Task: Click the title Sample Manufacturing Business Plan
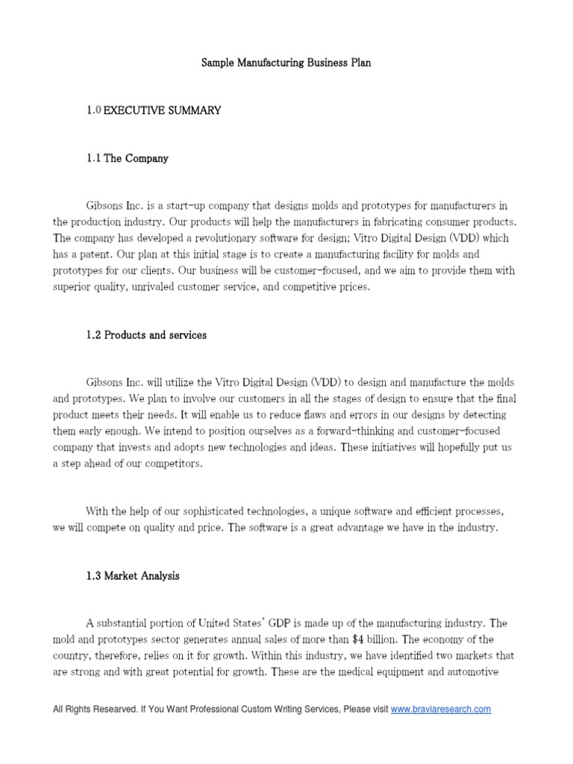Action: click(x=286, y=63)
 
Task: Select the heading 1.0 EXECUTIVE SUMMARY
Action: click(x=154, y=110)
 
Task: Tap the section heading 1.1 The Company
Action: click(x=128, y=158)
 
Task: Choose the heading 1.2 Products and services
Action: click(x=146, y=335)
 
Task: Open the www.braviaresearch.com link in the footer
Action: click(x=441, y=710)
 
